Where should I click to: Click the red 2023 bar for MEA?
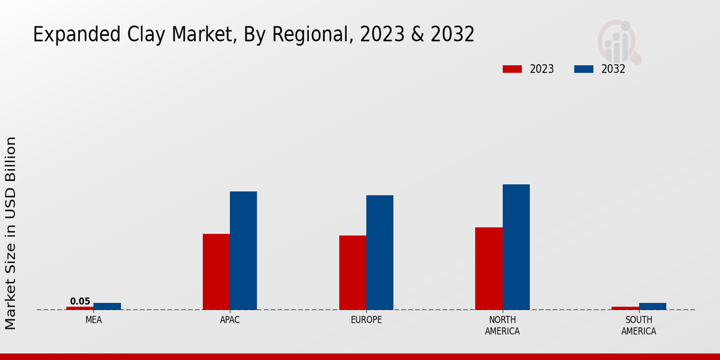point(80,308)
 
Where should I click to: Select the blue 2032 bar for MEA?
point(107,306)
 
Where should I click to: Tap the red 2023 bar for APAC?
point(216,271)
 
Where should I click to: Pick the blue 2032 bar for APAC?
point(243,250)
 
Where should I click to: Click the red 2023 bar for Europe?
point(352,272)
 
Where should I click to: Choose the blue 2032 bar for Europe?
point(380,252)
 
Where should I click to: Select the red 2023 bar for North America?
point(488,268)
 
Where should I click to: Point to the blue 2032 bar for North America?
point(516,247)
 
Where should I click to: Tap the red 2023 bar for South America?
point(625,308)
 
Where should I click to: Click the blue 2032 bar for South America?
point(652,306)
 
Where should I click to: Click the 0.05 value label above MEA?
point(80,301)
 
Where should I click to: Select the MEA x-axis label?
point(94,320)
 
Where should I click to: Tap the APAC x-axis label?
point(230,320)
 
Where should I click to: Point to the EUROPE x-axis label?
point(366,320)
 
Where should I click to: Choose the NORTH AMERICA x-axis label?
point(502,325)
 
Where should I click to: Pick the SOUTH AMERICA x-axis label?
point(638,325)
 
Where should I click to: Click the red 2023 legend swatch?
point(512,69)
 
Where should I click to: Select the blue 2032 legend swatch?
point(583,69)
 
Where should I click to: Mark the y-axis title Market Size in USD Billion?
point(11,233)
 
